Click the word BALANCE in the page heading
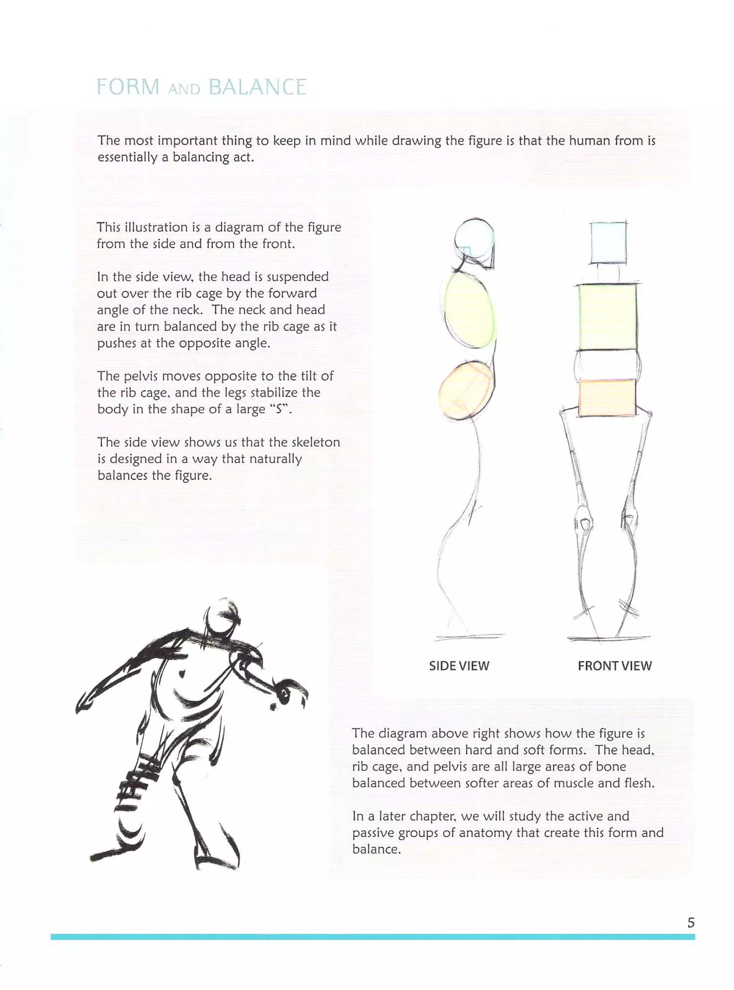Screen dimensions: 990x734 click(257, 87)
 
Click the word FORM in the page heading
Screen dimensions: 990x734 click(128, 87)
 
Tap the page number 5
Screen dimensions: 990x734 click(691, 923)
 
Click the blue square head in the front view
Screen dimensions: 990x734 click(608, 243)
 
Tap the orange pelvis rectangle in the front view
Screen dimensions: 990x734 click(607, 397)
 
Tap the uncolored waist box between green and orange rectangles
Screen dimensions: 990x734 click(607, 364)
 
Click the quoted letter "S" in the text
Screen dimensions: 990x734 click(279, 409)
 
